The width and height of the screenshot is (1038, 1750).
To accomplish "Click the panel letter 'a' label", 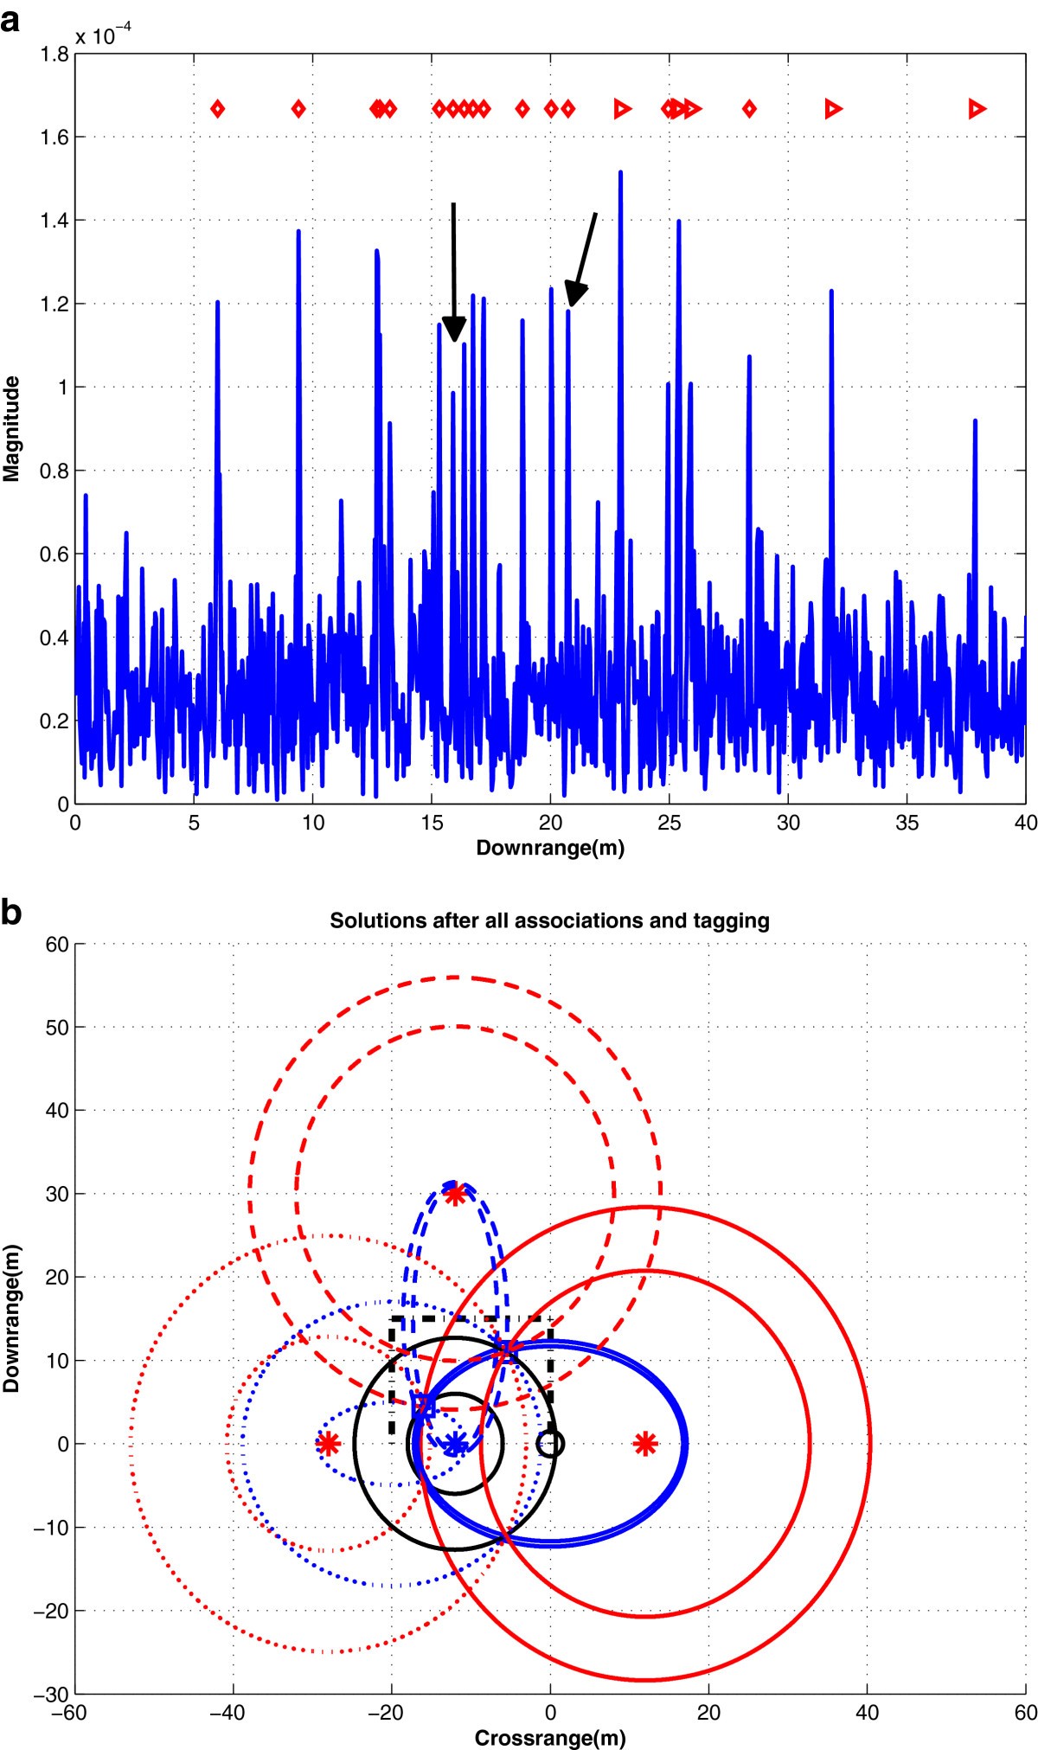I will pos(11,19).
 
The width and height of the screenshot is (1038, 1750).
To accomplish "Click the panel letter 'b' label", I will pos(11,913).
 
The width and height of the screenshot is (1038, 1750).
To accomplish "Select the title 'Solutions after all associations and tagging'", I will pos(549,920).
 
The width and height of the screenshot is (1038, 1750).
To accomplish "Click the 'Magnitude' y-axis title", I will pos(11,429).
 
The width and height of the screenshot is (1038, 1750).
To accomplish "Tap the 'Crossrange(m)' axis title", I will pos(549,1738).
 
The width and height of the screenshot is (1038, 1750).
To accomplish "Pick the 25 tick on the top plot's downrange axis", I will pos(669,823).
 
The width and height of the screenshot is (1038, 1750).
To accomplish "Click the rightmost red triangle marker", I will pos(977,109).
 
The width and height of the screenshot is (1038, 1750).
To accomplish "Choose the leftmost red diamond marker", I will pos(218,109).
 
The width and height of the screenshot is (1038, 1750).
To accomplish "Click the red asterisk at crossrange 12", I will pos(644,1443).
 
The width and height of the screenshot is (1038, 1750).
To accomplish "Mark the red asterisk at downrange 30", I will pos(455,1194).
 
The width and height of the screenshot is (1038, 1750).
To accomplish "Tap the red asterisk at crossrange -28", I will pos(327,1443).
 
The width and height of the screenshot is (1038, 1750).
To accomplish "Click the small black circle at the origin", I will pos(550,1443).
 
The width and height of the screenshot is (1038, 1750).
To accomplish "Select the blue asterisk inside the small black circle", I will pos(455,1443).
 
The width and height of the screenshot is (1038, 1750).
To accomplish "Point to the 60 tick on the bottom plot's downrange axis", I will pos(57,944).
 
